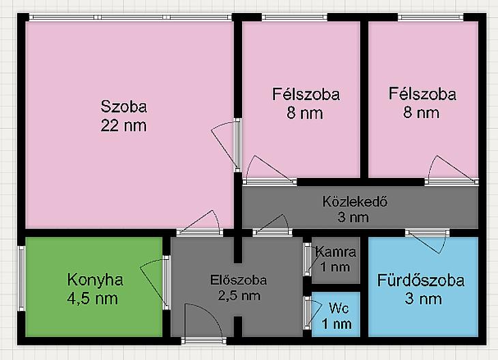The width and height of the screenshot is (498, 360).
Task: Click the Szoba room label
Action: (x=124, y=106)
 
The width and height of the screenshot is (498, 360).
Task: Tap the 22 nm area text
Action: (x=123, y=125)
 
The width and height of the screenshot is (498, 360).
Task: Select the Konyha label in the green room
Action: (x=95, y=280)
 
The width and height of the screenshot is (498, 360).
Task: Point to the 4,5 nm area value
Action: (x=92, y=299)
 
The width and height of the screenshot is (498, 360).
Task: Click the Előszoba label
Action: (x=239, y=280)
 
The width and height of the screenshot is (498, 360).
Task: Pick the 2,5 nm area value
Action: (x=239, y=295)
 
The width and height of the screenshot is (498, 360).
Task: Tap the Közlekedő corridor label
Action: (x=355, y=202)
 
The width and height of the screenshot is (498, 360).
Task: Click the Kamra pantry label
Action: (x=336, y=252)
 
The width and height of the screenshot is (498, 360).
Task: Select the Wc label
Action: (x=339, y=308)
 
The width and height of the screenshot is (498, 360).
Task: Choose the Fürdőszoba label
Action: (x=421, y=281)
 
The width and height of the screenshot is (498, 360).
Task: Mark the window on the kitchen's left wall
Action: (x=21, y=278)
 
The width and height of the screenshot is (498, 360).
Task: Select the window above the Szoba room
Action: (x=130, y=17)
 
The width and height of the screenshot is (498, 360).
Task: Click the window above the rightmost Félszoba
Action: (x=431, y=17)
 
